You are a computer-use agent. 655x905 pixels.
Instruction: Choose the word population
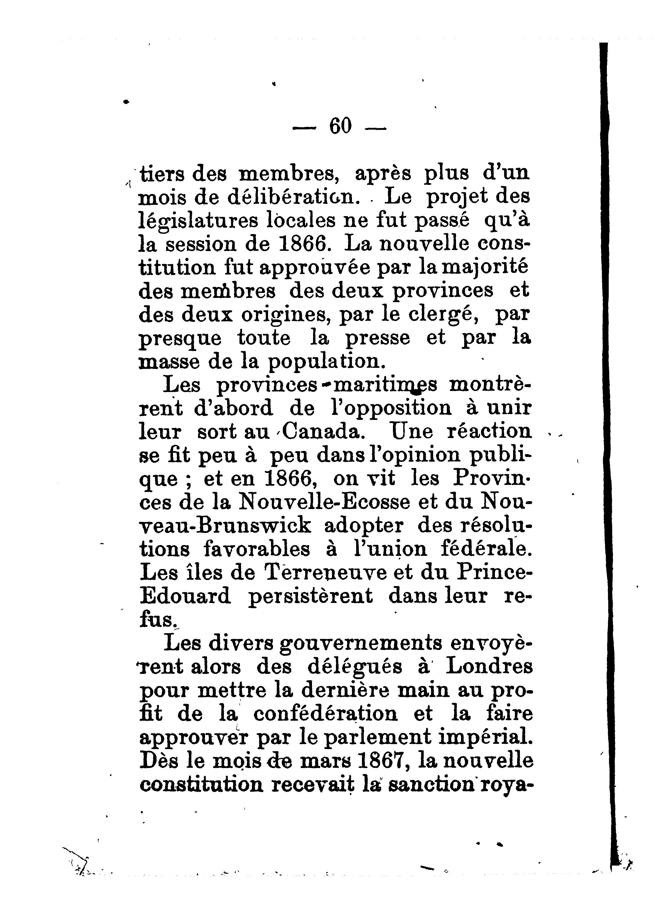pos(327,362)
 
